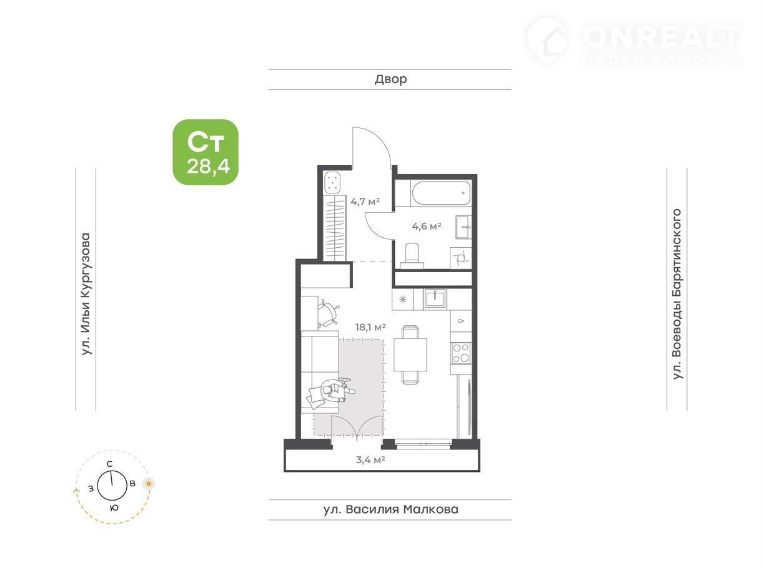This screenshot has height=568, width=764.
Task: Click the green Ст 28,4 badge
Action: [x=206, y=152]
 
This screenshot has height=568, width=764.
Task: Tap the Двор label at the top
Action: [x=390, y=79]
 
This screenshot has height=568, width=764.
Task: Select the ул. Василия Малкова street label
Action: [x=390, y=509]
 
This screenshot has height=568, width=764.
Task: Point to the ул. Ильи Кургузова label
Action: [x=86, y=294]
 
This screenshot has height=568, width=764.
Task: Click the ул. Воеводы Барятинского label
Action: [x=677, y=294]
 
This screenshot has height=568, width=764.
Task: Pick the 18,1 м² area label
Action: [x=370, y=327]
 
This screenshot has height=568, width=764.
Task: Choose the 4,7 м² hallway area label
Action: [x=365, y=201]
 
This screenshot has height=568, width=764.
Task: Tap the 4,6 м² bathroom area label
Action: [x=427, y=226]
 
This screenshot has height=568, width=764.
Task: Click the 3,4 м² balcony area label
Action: [x=370, y=459]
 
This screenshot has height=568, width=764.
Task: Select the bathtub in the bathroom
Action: [x=441, y=193]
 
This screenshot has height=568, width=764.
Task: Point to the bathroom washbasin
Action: [x=464, y=227]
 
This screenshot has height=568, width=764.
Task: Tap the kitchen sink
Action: [x=435, y=298]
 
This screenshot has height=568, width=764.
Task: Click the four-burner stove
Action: [x=461, y=353]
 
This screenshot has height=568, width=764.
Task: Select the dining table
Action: [x=410, y=355]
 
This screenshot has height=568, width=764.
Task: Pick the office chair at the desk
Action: [x=329, y=313]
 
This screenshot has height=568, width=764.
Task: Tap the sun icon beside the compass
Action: [x=149, y=484]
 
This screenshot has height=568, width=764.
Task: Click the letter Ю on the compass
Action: [x=114, y=507]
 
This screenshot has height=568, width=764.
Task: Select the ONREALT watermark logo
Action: [x=632, y=41]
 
